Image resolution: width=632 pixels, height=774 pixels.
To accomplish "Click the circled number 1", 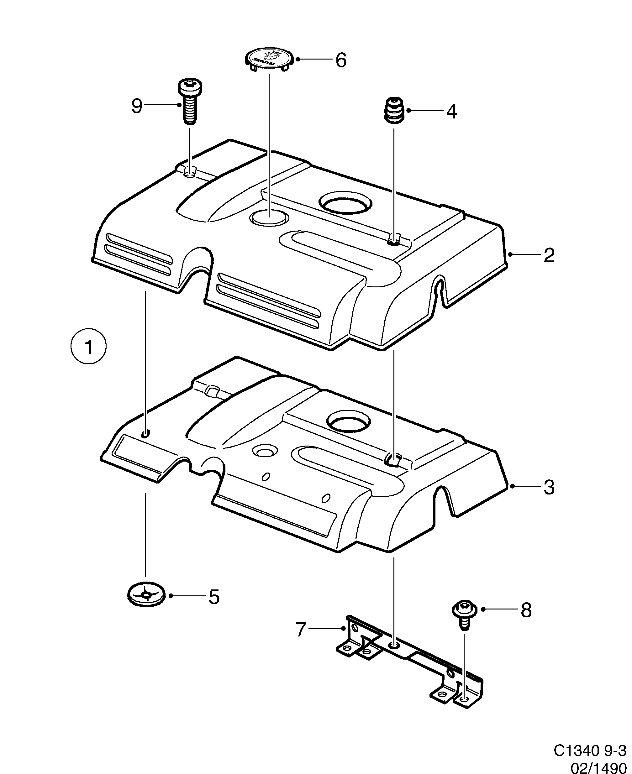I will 88,347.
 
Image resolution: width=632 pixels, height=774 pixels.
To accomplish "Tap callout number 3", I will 549,487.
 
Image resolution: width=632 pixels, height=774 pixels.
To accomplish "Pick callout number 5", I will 214,597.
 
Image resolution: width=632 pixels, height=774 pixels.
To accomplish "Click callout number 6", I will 341,60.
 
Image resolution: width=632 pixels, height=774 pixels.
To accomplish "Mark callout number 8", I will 526,610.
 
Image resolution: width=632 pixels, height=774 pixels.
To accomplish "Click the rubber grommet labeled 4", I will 394,110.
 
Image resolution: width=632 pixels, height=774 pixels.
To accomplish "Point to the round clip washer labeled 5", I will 146,595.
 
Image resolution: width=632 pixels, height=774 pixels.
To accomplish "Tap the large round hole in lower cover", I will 349,421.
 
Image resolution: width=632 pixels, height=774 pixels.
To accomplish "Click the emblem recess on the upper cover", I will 269,217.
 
